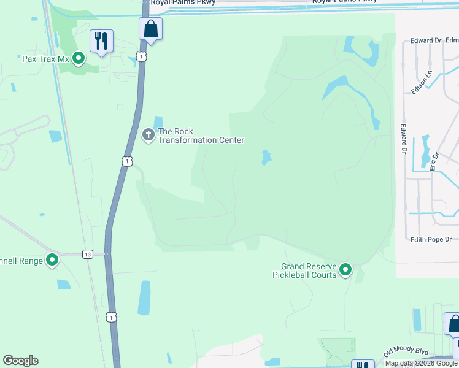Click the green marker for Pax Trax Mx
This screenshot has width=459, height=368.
79,59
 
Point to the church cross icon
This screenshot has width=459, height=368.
148,135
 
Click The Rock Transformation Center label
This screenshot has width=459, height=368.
201,136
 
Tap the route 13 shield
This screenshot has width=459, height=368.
88,254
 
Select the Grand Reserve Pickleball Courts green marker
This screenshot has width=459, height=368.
345,269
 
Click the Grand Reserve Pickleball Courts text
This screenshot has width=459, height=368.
309,270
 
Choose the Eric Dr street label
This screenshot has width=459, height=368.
434,161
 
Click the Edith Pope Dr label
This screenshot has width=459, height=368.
431,239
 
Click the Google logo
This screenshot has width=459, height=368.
20,361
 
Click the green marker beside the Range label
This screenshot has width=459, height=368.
52,261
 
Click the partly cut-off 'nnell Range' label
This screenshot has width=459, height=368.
22,261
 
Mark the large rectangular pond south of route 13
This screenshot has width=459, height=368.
144,297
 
